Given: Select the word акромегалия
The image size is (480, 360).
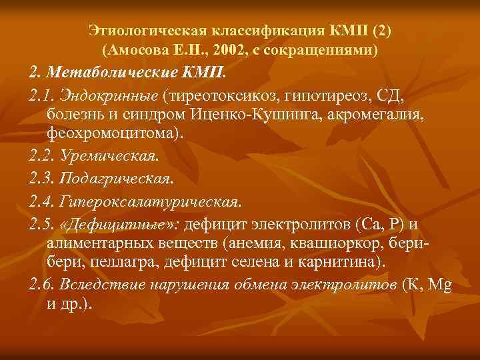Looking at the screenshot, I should pyautogui.click(x=381, y=114).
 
